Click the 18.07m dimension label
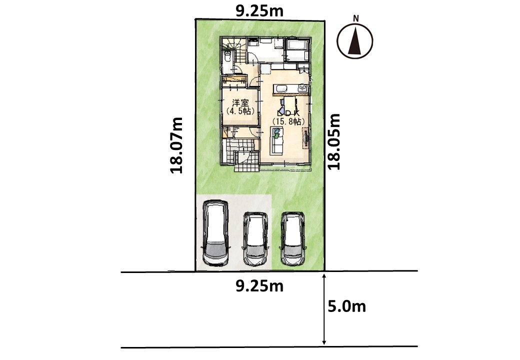176,145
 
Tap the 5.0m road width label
346,306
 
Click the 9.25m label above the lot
259,11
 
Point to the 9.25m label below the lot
259,285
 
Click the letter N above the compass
356,18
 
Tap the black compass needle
355,42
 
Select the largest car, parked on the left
216,233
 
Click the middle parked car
255,238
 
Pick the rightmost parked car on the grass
293,238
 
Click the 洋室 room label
240,103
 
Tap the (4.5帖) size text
240,111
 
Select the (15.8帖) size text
288,121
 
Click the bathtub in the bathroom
297,49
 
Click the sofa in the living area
277,141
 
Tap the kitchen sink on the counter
281,88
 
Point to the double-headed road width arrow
324,309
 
